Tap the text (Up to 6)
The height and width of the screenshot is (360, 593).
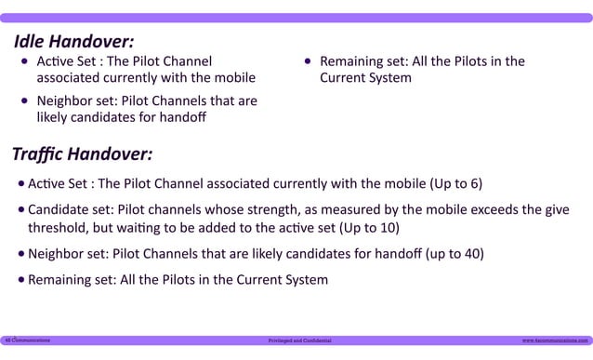455,183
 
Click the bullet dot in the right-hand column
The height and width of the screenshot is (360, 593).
308,62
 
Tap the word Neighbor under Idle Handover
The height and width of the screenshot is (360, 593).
64,100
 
